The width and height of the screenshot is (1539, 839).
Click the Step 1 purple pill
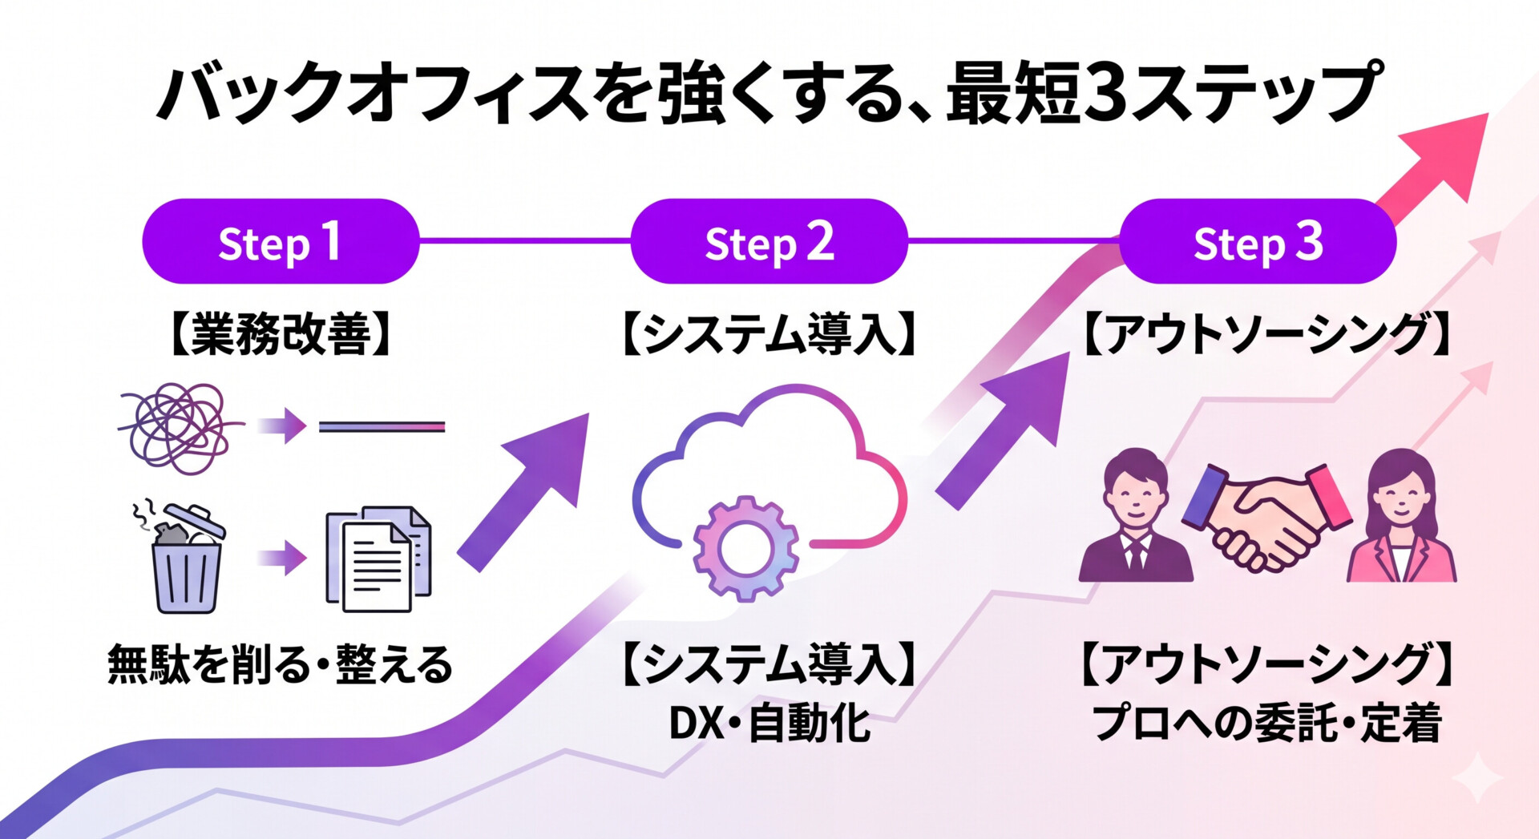point(281,241)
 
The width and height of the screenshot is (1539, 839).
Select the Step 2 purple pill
point(769,241)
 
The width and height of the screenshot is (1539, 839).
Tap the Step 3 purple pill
point(1257,241)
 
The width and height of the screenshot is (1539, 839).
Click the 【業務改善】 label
point(281,334)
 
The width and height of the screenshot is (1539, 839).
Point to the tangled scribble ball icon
point(178,427)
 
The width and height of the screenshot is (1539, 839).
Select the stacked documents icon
point(378,559)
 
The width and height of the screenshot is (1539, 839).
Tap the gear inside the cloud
point(745,548)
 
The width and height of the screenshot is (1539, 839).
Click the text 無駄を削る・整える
point(281,664)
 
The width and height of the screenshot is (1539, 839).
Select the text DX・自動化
point(769,724)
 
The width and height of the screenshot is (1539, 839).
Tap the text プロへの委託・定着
point(1266,724)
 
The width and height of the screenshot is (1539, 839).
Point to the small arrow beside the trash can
point(284,558)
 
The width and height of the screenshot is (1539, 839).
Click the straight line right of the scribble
point(382,427)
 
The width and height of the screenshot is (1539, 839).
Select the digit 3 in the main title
point(1109,95)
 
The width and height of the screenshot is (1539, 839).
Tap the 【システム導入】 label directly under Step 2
point(769,334)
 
